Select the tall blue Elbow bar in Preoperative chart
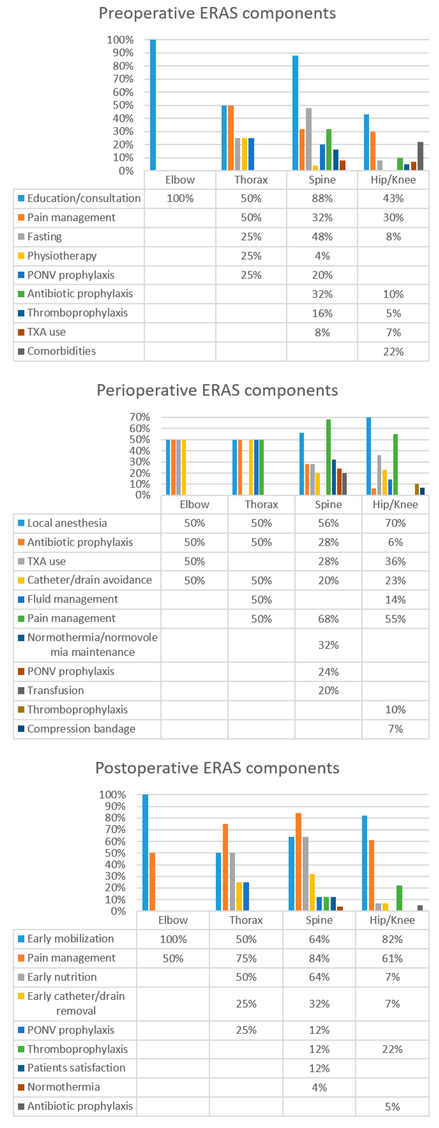[153, 105]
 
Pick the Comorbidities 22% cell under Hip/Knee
[393, 352]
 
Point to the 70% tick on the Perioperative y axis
[140, 417]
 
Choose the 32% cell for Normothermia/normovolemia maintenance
[328, 645]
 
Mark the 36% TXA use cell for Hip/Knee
[395, 561]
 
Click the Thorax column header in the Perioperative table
[261, 504]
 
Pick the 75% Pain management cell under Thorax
[246, 959]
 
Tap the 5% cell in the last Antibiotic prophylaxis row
[392, 1107]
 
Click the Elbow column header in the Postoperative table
[173, 920]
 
